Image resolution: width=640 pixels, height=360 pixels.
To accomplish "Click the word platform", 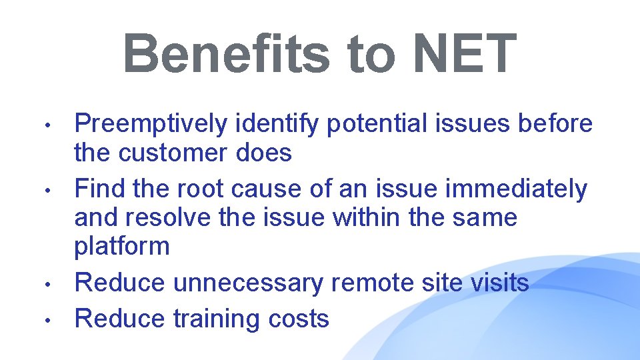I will [122, 247].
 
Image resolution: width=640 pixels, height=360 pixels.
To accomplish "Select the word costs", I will [299, 319].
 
